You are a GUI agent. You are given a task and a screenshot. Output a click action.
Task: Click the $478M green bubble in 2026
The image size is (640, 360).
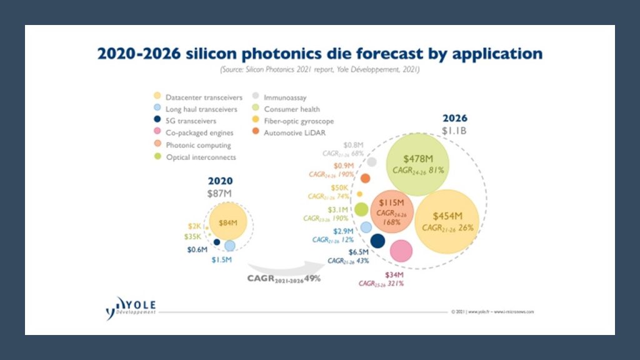(418, 164)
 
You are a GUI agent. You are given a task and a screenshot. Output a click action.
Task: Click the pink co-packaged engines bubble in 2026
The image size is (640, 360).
(401, 251)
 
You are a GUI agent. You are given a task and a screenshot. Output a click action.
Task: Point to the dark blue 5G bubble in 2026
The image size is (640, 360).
(377, 241)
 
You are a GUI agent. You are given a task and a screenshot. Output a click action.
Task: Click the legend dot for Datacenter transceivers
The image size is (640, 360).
(158, 97)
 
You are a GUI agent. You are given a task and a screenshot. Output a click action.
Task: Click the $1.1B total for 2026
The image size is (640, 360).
(455, 132)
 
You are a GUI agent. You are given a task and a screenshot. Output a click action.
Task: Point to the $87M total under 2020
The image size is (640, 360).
(219, 194)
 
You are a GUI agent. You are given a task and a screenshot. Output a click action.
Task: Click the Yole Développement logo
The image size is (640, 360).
(131, 307)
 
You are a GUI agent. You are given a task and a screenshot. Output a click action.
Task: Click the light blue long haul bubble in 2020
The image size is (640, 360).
(230, 246)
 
